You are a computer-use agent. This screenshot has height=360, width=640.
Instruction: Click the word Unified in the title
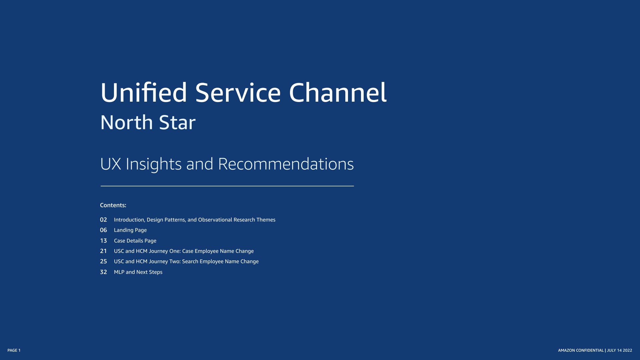point(144,92)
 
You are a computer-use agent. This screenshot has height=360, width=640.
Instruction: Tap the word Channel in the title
point(338,92)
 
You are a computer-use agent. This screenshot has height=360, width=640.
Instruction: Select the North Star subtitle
point(148,122)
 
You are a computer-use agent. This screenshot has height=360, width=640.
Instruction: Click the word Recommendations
point(286,164)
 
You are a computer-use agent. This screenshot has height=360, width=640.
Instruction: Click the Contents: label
point(113,205)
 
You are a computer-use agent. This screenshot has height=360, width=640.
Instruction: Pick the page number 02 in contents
point(103,220)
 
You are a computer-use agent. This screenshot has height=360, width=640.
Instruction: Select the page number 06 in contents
point(103,230)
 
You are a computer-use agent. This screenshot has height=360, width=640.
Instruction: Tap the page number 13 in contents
point(103,241)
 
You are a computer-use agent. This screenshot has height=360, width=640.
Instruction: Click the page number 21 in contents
point(103,251)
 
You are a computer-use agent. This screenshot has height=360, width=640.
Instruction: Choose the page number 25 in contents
point(103,261)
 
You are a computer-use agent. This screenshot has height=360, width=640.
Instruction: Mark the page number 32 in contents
point(103,272)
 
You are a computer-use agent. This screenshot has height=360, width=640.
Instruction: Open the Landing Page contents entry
point(130,230)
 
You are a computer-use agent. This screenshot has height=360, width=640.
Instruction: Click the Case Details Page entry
point(135,241)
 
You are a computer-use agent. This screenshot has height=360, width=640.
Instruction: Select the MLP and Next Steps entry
point(138,272)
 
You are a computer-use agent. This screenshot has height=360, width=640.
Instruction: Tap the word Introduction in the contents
point(129,220)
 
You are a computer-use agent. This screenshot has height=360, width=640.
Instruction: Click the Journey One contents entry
point(184,251)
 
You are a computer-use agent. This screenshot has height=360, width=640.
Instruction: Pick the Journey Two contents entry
point(186,261)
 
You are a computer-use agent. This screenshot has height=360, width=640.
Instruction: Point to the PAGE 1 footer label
point(14,350)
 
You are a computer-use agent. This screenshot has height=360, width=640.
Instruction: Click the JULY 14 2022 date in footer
point(619,350)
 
